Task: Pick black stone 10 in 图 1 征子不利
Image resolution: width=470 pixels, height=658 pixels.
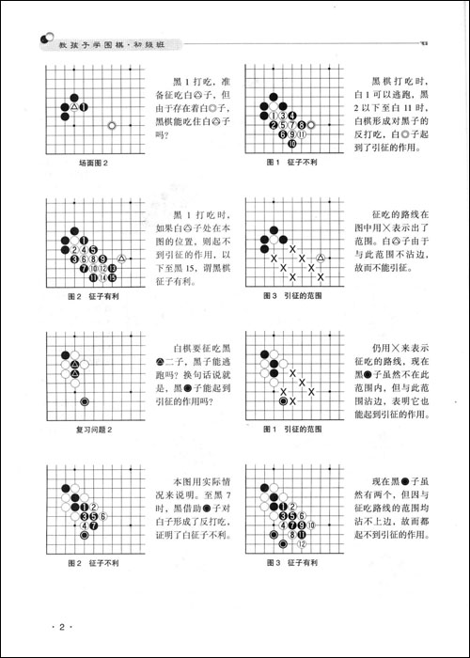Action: (291, 144)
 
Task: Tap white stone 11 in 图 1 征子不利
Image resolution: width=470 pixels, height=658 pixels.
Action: (301, 134)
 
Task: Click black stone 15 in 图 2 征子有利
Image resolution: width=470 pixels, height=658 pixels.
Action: (112, 276)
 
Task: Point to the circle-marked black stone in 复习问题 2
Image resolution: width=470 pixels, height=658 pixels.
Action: (85, 401)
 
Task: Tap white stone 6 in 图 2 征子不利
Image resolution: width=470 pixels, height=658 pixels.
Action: (103, 516)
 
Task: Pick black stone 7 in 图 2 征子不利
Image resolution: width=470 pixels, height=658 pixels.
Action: (94, 525)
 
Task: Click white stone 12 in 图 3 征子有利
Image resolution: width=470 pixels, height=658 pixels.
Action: (302, 543)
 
